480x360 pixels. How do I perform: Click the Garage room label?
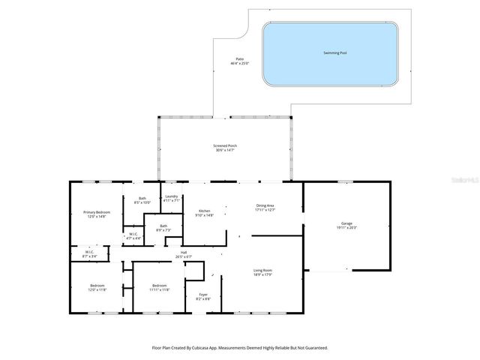pos(346,224)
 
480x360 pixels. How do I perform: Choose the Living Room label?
pos(262,271)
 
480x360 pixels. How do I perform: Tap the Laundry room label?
pos(172,198)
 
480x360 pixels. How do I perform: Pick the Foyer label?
pos(203,296)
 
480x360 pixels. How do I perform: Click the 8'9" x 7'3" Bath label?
pos(163,227)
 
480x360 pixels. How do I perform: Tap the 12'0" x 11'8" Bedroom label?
pos(97,287)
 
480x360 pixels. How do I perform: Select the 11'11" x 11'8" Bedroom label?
pos(159,287)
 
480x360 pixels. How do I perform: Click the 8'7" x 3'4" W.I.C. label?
pos(89,254)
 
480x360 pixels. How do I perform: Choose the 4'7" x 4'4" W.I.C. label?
pos(133,235)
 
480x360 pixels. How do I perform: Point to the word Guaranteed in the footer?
pos(313,348)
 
